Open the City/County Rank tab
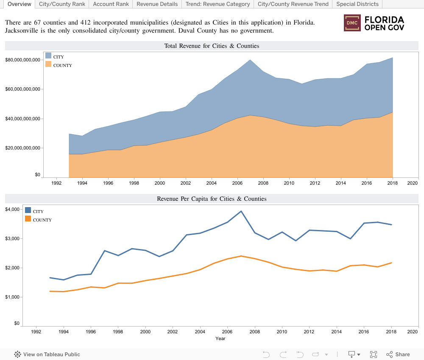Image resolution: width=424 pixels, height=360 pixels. [x=62, y=4]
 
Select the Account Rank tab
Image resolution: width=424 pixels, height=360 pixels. [x=111, y=4]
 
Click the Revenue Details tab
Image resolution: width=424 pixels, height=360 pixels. [x=157, y=4]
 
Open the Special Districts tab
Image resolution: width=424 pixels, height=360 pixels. [x=357, y=4]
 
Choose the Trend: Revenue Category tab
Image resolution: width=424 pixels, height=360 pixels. [x=218, y=4]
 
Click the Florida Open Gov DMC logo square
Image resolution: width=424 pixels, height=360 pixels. [x=351, y=23]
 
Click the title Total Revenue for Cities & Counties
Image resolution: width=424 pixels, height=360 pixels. [x=212, y=46]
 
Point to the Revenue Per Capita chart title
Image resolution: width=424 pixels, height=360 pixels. [x=212, y=198]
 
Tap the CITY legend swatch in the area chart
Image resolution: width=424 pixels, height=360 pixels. [x=48, y=56]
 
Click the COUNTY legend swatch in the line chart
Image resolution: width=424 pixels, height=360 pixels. [x=28, y=219]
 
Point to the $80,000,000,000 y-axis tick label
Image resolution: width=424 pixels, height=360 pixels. [x=22, y=60]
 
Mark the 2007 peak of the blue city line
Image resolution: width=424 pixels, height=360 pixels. [x=241, y=211]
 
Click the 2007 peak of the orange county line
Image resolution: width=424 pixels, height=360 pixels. [x=241, y=256]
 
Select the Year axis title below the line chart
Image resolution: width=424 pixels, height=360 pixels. [x=220, y=338]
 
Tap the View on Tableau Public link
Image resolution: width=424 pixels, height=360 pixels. [x=47, y=354]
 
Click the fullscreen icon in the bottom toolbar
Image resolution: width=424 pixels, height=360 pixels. [x=374, y=354]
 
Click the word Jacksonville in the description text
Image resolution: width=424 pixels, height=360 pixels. [x=23, y=31]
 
